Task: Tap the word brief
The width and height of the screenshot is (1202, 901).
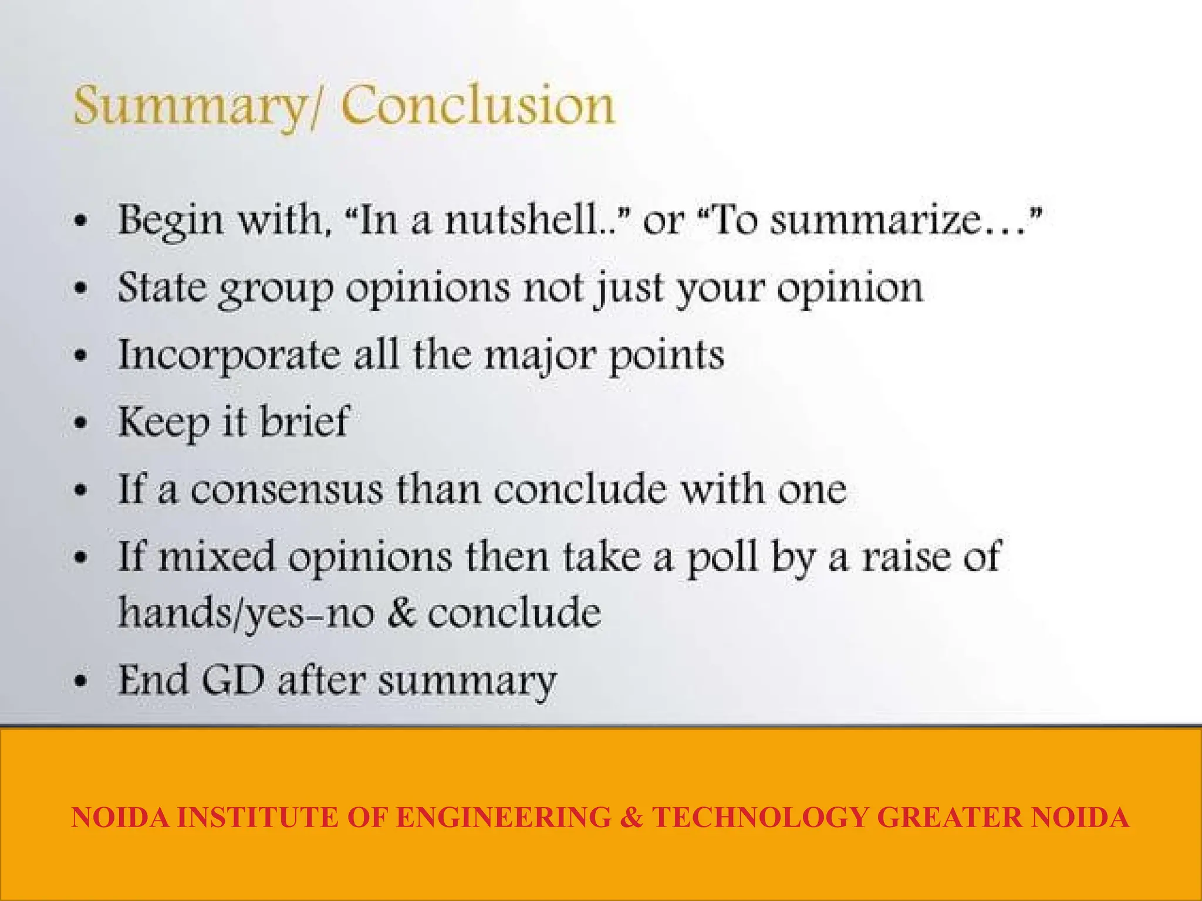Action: point(305,421)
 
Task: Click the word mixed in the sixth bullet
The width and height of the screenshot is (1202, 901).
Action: point(217,556)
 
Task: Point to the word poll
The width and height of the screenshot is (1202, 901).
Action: point(722,556)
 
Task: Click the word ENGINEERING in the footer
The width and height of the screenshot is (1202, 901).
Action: point(503,818)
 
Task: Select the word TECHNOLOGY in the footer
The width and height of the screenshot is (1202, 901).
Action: point(759,818)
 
